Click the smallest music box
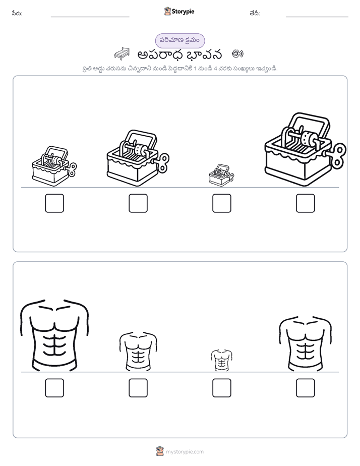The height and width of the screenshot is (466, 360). pyautogui.click(x=221, y=176)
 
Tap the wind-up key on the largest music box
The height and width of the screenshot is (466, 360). pyautogui.click(x=338, y=155)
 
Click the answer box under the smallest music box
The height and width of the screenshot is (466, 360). pyautogui.click(x=221, y=203)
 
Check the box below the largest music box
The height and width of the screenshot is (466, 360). pyautogui.click(x=306, y=203)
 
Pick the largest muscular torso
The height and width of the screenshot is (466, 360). pyautogui.click(x=54, y=335)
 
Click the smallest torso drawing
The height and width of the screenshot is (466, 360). pyautogui.click(x=221, y=360)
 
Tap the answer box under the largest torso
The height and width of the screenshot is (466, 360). pyautogui.click(x=54, y=388)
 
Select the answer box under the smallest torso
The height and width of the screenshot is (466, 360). pyautogui.click(x=221, y=388)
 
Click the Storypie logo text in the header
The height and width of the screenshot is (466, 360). pyautogui.click(x=183, y=12)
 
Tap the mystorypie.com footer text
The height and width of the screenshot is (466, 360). pyautogui.click(x=185, y=452)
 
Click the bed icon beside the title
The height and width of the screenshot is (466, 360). pyautogui.click(x=122, y=53)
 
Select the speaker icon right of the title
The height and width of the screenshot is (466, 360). pyautogui.click(x=237, y=53)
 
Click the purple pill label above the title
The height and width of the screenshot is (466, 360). pyautogui.click(x=180, y=40)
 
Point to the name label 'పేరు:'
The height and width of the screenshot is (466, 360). pyautogui.click(x=17, y=14)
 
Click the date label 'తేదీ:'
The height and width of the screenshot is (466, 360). pyautogui.click(x=255, y=14)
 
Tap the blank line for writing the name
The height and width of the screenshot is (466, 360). pyautogui.click(x=90, y=17)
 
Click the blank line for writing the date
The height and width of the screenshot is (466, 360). pyautogui.click(x=317, y=17)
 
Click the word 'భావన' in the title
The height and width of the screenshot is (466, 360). pyautogui.click(x=205, y=54)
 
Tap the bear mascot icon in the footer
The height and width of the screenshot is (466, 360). pyautogui.click(x=160, y=451)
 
